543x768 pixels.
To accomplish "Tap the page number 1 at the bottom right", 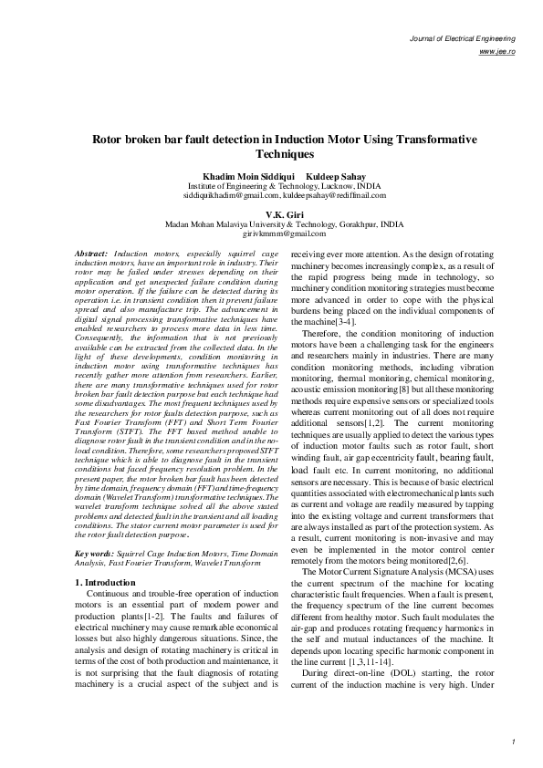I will point(515,741).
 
